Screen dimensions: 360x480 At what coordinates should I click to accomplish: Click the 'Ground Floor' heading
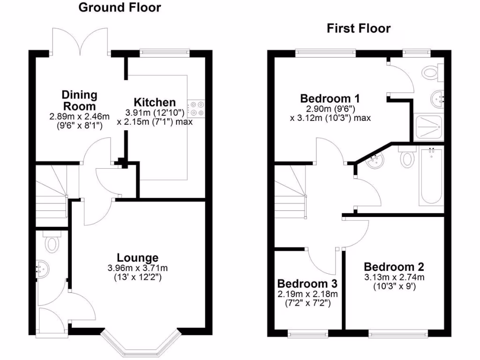(120, 7)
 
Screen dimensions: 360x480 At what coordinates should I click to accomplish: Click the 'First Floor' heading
(359, 29)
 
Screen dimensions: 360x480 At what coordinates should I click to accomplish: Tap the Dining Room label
(80, 100)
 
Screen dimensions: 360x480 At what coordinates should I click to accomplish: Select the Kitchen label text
(155, 102)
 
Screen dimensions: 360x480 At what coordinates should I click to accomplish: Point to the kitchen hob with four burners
(196, 109)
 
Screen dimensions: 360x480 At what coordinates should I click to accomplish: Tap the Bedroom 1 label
(330, 99)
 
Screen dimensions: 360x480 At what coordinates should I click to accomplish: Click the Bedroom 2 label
(394, 267)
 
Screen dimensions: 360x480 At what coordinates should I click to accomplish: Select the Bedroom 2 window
(398, 334)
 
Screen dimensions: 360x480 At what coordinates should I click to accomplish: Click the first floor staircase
(290, 192)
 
